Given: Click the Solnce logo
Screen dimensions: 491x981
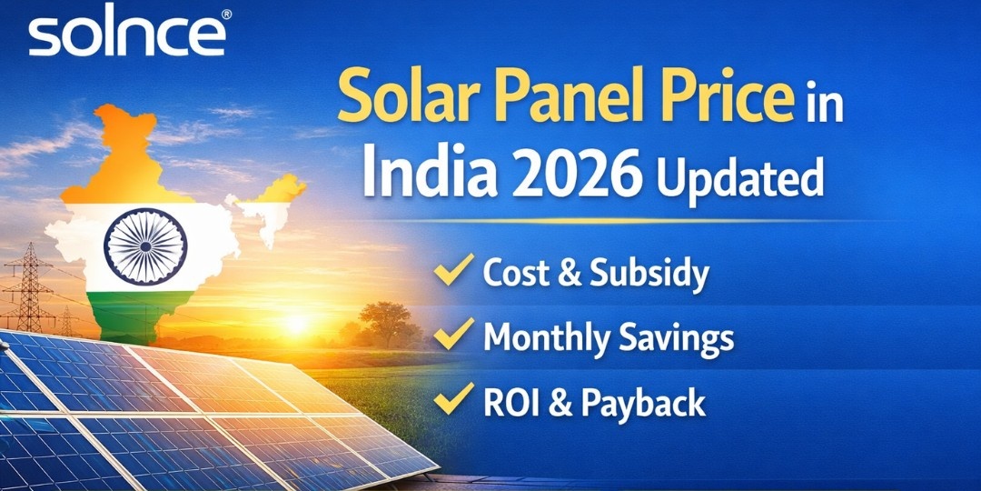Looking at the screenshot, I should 126,35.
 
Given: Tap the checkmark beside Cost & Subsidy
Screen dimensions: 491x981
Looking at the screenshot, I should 453,269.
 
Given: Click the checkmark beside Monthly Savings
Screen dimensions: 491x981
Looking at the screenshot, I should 453,335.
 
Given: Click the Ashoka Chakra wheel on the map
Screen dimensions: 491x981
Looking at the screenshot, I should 145,246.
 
